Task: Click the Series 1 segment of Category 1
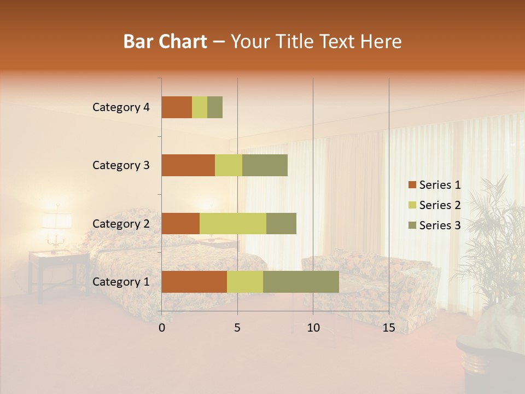tap(194, 282)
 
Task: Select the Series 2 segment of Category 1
tap(245, 282)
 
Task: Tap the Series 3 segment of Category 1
tap(301, 282)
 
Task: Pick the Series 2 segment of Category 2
tap(233, 223)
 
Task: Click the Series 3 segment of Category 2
tap(281, 223)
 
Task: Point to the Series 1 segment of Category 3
tap(188, 165)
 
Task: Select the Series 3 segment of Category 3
tap(265, 165)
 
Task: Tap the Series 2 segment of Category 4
tap(200, 107)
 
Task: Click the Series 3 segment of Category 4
tap(215, 107)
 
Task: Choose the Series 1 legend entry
tap(434, 185)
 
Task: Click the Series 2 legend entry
tap(434, 205)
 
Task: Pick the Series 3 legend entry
tap(434, 225)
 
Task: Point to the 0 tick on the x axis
tap(162, 328)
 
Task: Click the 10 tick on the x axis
tap(313, 328)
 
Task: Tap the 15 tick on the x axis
tap(388, 328)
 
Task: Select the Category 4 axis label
tap(121, 107)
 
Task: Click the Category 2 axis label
tap(121, 224)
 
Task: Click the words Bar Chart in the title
tap(165, 42)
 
